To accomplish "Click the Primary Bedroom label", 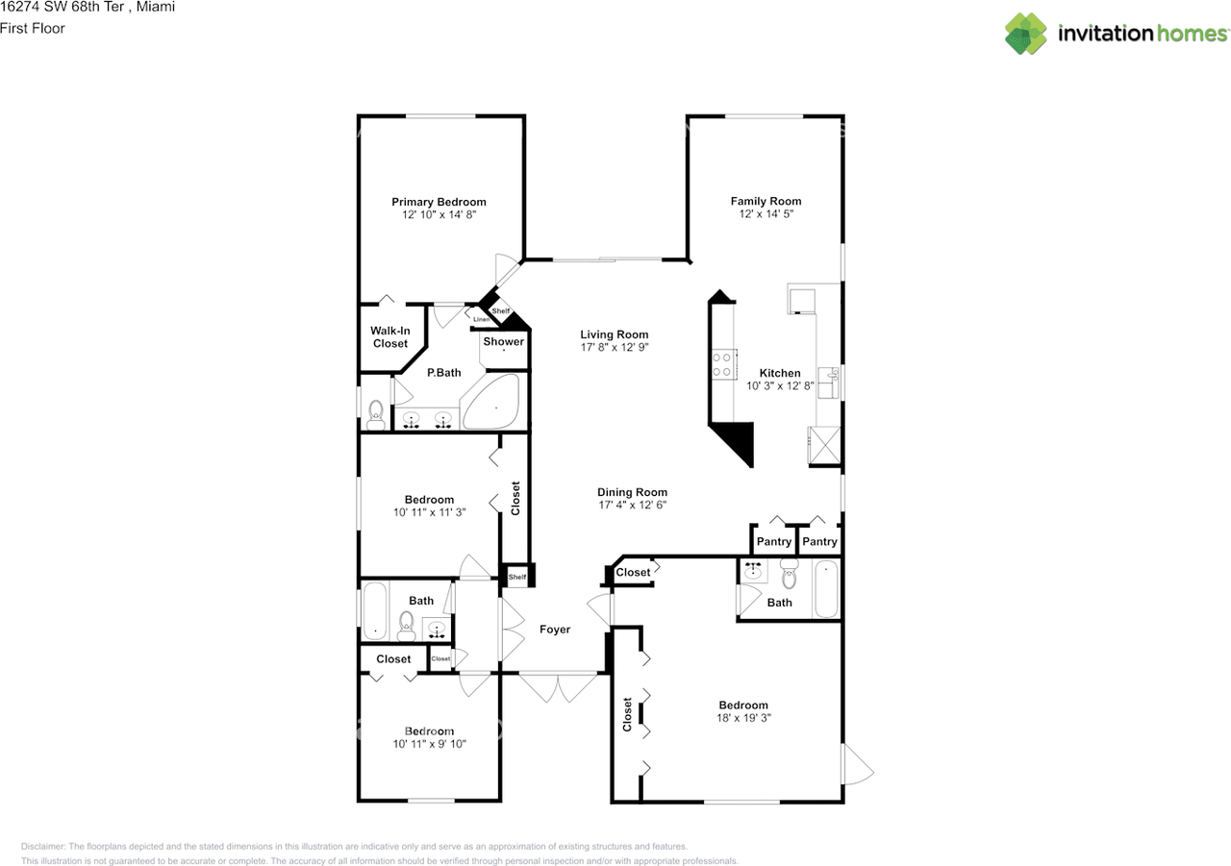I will coord(439,202).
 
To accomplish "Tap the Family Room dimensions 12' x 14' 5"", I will coord(766,215).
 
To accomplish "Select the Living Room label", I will coord(615,334).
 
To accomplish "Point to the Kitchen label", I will coord(780,373).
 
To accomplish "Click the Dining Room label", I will coord(632,492).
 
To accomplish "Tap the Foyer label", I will coord(555,630).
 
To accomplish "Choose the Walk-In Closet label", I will coord(390,337).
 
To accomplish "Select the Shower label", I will coord(504,341).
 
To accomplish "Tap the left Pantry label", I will coord(774,542).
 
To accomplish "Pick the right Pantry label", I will coord(819,542).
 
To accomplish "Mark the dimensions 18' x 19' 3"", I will coord(742,718).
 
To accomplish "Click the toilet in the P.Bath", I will coord(376,413).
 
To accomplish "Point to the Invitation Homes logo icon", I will coord(1026,34).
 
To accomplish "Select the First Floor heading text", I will coord(33,29).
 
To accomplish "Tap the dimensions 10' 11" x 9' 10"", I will coord(429,744).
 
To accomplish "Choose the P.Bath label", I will coord(443,373).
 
